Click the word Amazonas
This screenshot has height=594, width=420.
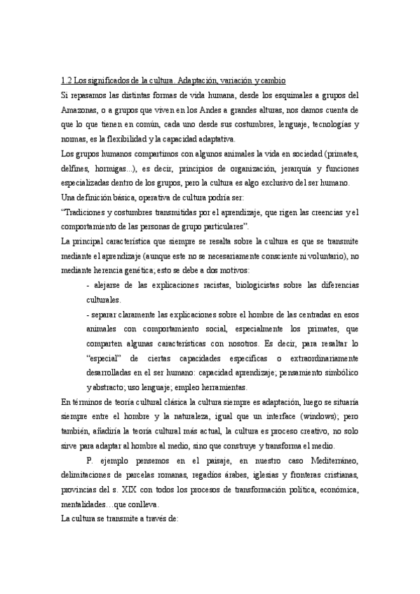[81, 110]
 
